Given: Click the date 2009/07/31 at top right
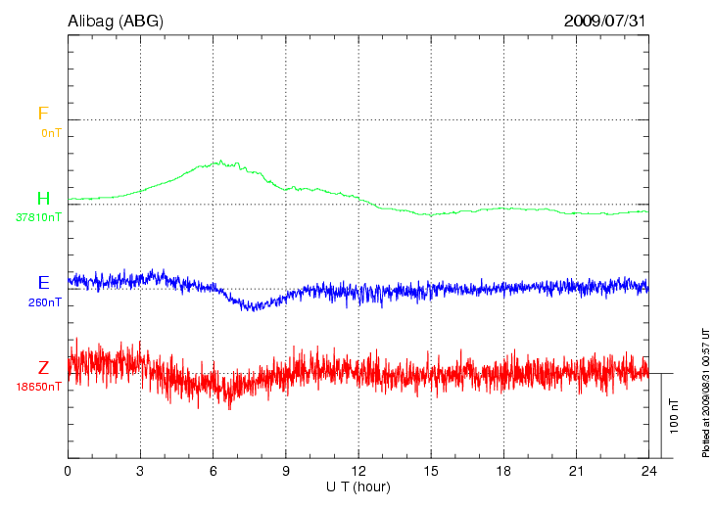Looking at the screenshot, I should tap(605, 20).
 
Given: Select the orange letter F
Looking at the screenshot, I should tap(43, 114).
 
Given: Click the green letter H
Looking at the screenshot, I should tap(43, 199).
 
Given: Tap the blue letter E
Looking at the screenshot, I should tap(43, 283).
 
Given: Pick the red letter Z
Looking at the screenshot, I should tap(43, 368).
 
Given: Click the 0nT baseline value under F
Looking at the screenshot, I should tap(51, 132).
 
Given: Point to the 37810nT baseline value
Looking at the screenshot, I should tap(38, 217).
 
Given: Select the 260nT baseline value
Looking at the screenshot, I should tap(45, 302).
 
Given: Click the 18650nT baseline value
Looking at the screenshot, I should tap(38, 387).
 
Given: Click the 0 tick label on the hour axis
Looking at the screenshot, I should tap(68, 471).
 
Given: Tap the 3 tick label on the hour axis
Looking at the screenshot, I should tap(140, 471).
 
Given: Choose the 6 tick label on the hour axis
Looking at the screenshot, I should tap(214, 471).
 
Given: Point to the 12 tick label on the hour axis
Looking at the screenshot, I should tap(358, 471).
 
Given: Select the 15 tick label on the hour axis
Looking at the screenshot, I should tap(431, 471).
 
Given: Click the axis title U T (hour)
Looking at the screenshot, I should tap(358, 486).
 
